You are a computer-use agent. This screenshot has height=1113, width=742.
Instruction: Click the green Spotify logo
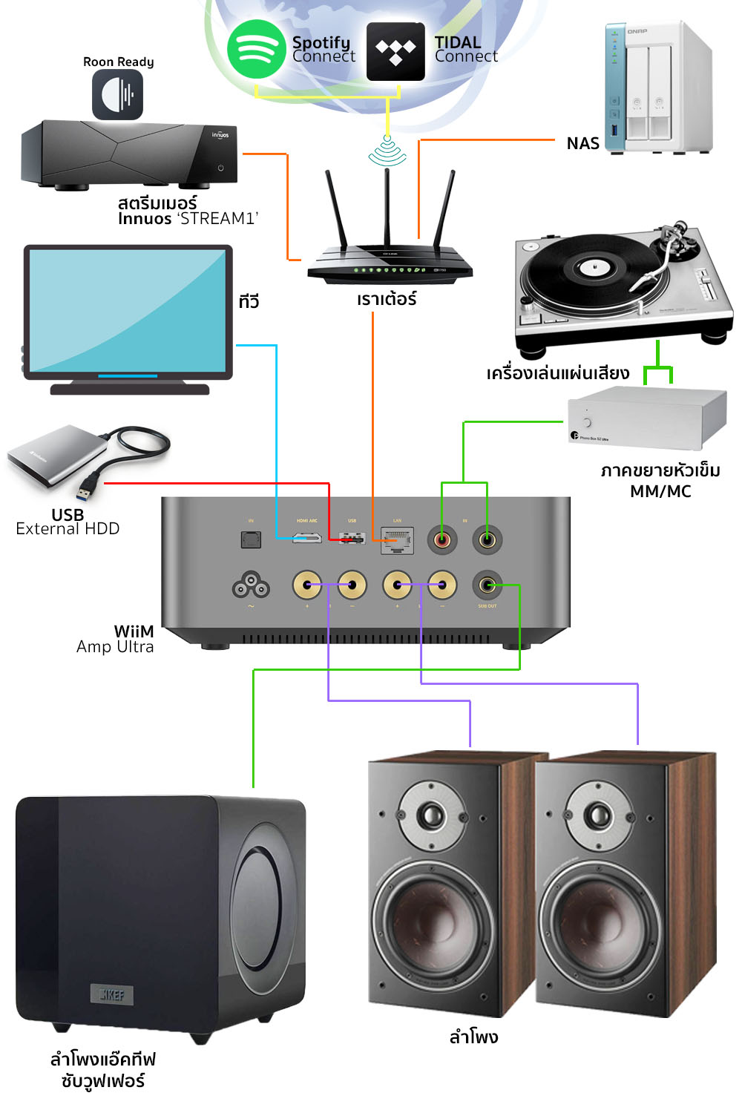[256, 49]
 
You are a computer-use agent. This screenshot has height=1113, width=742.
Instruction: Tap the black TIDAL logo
[395, 51]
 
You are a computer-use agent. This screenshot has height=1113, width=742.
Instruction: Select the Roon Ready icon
[117, 94]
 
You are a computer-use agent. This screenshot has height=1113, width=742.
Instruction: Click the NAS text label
[582, 144]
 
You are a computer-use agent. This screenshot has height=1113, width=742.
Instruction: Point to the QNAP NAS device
[658, 88]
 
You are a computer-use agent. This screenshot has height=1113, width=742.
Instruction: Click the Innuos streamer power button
[220, 168]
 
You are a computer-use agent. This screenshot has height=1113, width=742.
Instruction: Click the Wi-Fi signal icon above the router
[387, 151]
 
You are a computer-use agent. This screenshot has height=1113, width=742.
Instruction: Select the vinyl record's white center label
[593, 266]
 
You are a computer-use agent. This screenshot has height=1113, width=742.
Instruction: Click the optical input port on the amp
[252, 539]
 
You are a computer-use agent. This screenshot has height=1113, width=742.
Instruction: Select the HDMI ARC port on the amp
[306, 537]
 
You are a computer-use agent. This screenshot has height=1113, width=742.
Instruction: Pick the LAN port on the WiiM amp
[397, 539]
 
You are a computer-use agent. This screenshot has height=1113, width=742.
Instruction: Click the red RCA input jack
[442, 539]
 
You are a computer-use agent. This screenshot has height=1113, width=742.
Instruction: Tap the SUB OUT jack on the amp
[487, 586]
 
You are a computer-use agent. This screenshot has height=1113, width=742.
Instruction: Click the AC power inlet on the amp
[251, 586]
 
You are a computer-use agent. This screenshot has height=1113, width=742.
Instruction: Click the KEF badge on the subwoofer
[112, 994]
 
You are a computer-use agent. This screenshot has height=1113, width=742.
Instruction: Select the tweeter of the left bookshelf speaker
[431, 815]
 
